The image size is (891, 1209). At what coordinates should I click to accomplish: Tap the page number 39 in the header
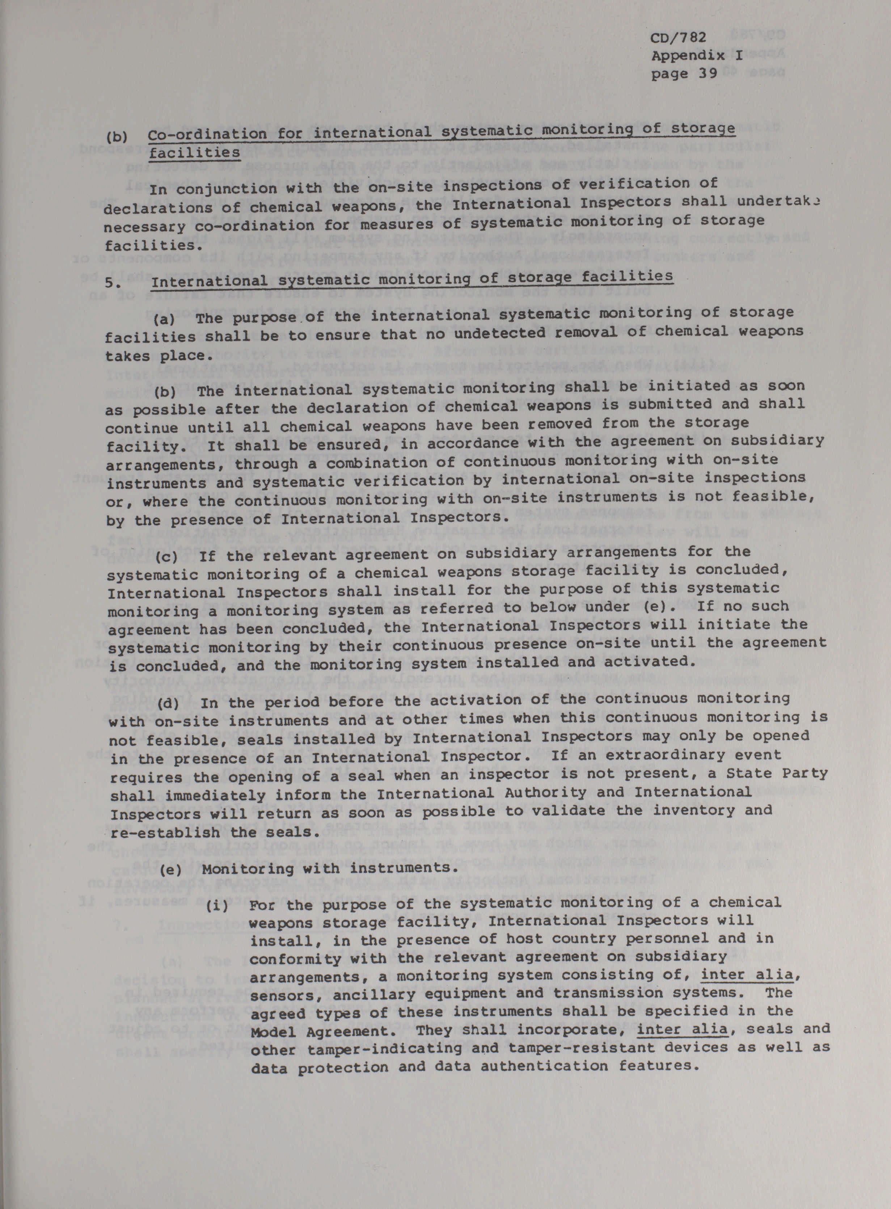pyautogui.click(x=708, y=73)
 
